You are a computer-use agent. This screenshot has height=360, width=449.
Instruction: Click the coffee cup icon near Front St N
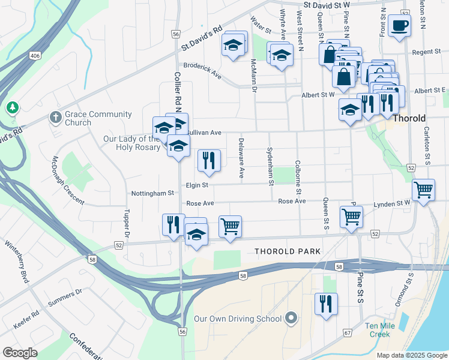coord(399,26)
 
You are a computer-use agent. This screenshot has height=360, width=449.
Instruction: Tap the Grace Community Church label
coord(90,118)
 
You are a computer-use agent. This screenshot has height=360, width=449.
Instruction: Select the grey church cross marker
coord(55,116)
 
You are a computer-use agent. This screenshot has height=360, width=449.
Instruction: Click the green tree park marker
coord(12,107)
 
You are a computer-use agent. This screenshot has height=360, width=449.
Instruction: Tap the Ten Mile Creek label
coord(382,330)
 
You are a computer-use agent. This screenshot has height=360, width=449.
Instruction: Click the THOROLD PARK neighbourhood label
coord(288,251)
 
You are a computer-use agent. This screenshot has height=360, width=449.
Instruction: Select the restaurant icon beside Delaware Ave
coord(209,160)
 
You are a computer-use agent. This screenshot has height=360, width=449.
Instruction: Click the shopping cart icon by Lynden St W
coord(424,190)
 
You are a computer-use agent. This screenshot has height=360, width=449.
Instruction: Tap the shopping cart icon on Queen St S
coord(351,217)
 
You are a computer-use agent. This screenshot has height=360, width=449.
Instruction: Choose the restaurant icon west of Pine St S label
coord(326,304)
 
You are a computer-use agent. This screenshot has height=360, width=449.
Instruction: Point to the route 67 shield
coord(347,332)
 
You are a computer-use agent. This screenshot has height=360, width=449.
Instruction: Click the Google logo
coord(20,352)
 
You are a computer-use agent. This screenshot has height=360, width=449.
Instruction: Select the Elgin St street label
coord(197,185)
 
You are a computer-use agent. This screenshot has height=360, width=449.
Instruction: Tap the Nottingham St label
coord(152,194)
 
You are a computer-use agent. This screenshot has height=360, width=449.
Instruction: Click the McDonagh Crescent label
coord(68,180)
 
